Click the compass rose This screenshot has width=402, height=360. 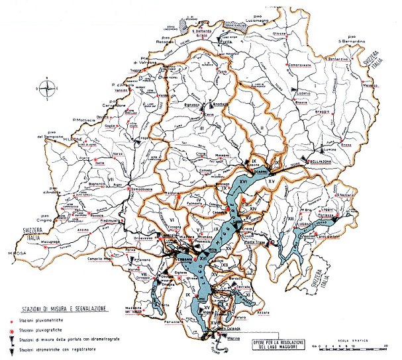tap(44, 86)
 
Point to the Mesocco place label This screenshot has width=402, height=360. tap(368, 86)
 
